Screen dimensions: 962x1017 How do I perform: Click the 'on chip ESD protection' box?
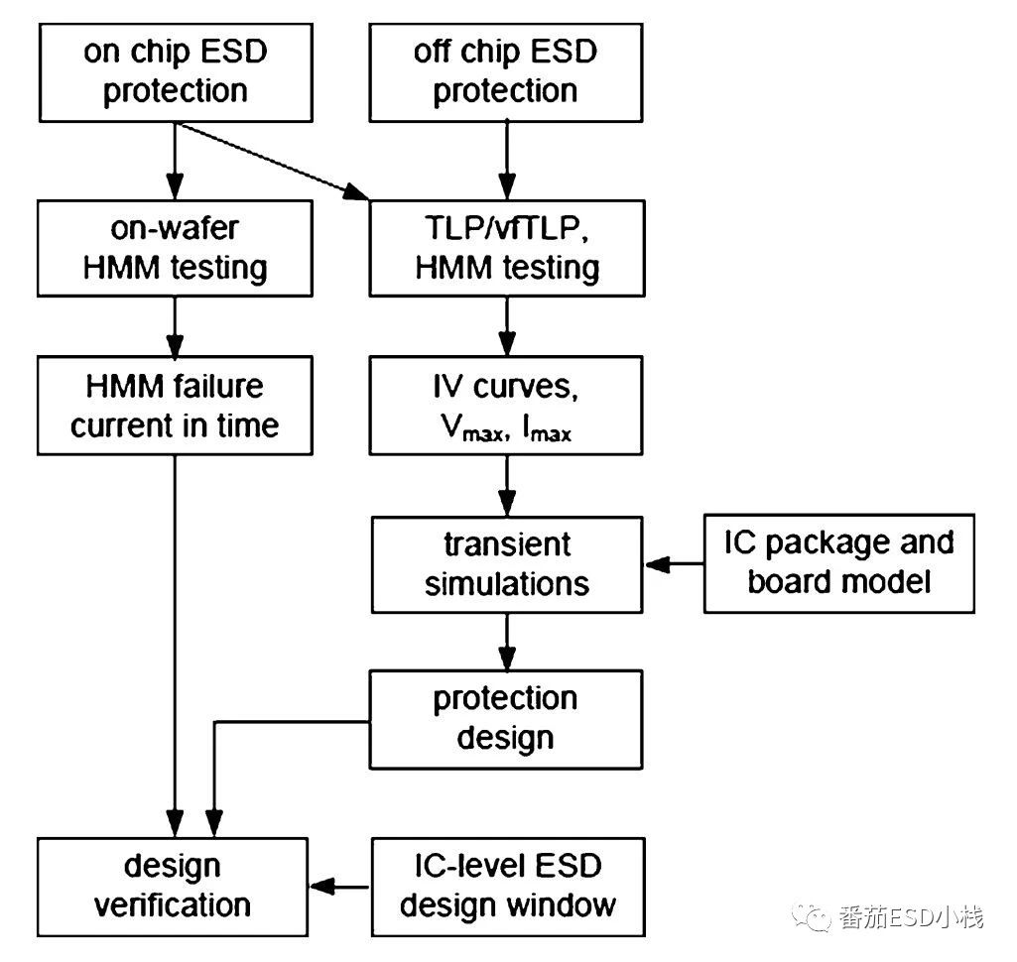coord(175,71)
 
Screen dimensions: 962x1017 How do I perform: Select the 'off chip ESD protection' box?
coord(506,71)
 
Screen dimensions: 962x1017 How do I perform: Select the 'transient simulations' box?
coord(506,563)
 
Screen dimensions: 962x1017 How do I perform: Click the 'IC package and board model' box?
coord(838,561)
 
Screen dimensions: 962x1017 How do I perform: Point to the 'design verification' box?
coord(175,886)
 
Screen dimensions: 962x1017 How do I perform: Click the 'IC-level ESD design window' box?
coord(506,886)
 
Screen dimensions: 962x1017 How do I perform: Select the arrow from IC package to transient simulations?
coord(675,564)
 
